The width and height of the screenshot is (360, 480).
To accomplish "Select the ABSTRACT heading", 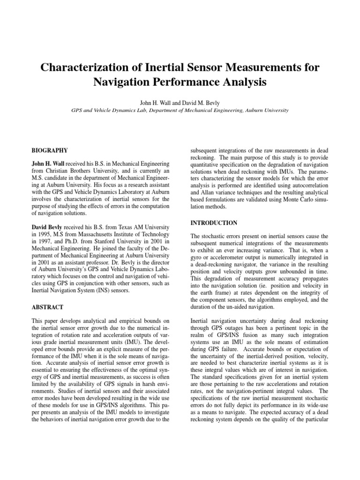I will click(x=47, y=307).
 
